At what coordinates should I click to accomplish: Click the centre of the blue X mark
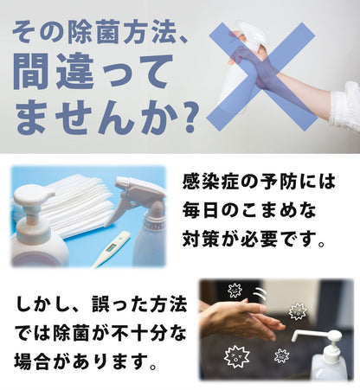coord(262,76)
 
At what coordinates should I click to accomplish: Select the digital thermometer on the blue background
coord(112,249)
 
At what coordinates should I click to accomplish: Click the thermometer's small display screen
coord(110,248)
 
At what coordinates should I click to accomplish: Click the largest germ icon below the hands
coord(237,357)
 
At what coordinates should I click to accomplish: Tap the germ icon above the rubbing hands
coord(235,291)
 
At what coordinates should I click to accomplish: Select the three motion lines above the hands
coord(260,295)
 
